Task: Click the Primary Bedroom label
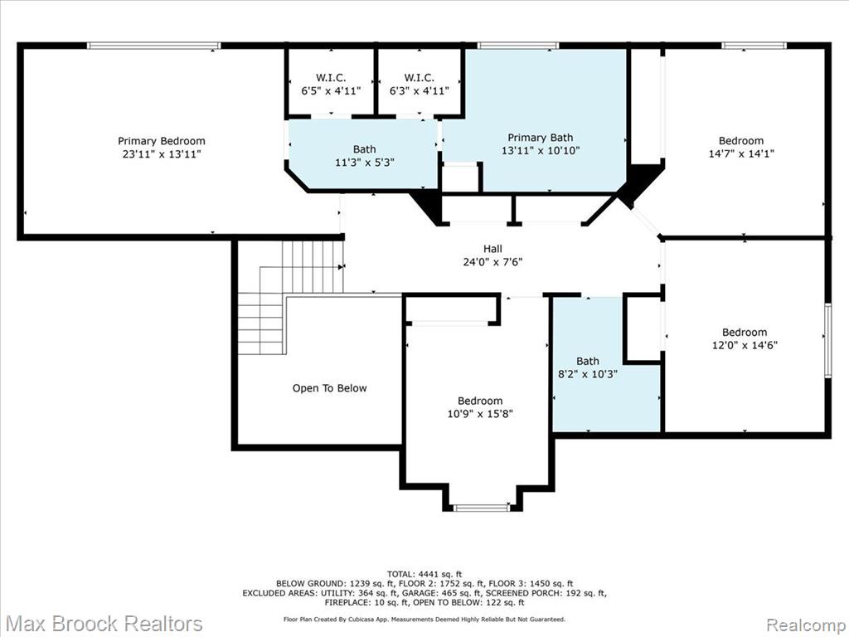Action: [162, 141]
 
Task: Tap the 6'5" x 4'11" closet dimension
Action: [331, 90]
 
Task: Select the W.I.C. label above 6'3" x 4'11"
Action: [419, 77]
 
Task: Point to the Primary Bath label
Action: [540, 138]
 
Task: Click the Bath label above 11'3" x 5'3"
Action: [365, 149]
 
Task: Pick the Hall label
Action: [492, 249]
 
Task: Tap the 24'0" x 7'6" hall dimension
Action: [492, 262]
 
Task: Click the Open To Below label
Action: [329, 388]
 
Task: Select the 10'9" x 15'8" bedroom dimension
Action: [480, 415]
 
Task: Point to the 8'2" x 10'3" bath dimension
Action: [588, 374]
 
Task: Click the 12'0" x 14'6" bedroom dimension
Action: [745, 345]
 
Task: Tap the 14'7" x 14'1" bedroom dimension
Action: [741, 153]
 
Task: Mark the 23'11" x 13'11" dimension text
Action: [162, 153]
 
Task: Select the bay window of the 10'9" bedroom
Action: [482, 508]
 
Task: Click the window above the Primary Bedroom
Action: [153, 46]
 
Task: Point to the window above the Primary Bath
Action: [518, 46]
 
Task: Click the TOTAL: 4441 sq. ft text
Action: [424, 574]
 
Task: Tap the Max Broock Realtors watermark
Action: [105, 624]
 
